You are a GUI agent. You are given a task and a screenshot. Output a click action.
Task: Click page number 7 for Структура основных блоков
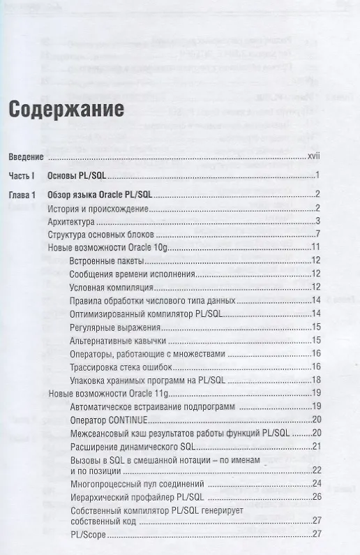click(317, 234)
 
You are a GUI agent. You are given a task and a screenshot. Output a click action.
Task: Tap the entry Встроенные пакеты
click(107, 260)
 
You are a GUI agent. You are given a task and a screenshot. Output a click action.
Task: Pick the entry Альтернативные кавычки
click(117, 340)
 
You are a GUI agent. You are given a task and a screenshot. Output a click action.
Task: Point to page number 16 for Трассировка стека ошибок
click(315, 367)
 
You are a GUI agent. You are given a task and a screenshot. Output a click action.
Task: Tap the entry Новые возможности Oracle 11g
click(109, 393)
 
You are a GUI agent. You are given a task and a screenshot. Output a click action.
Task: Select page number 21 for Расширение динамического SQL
click(315, 446)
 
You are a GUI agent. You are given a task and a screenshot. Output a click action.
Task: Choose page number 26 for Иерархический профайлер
click(315, 496)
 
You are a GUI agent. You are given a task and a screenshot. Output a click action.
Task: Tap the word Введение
click(26, 156)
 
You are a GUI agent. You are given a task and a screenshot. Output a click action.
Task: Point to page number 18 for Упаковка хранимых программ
click(315, 380)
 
